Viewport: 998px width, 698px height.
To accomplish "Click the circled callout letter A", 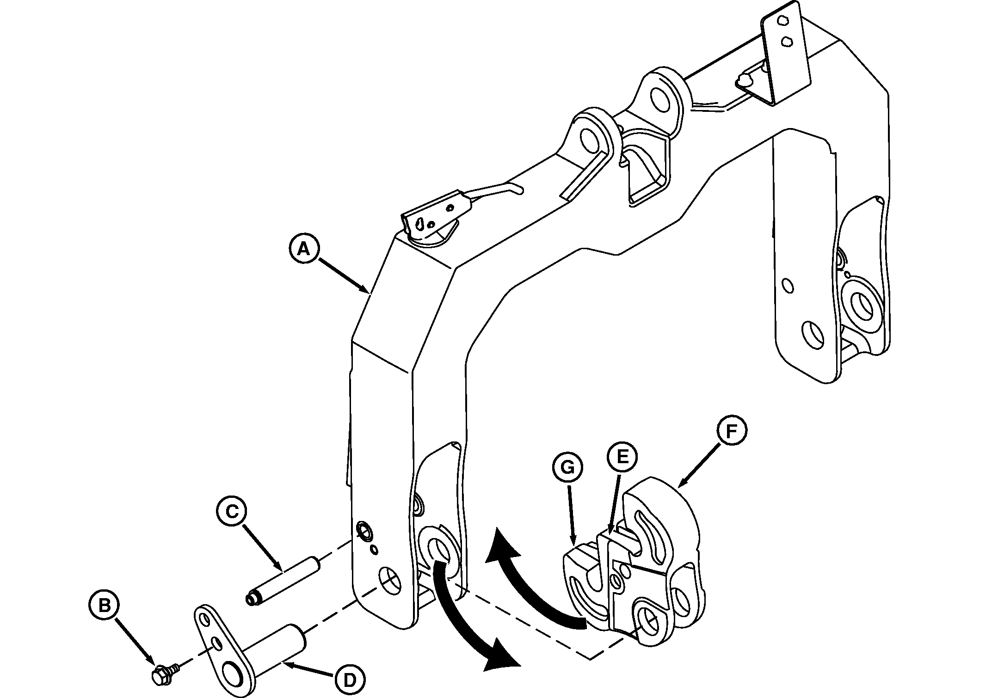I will tap(303, 250).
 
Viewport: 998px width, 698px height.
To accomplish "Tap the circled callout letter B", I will tap(105, 606).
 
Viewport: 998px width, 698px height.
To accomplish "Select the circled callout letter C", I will tap(232, 511).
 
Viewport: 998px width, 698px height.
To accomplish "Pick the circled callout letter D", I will tap(350, 680).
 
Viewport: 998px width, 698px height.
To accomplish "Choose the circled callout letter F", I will tap(731, 432).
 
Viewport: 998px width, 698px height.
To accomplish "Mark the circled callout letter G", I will tap(567, 468).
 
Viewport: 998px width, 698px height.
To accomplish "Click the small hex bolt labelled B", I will tap(161, 677).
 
